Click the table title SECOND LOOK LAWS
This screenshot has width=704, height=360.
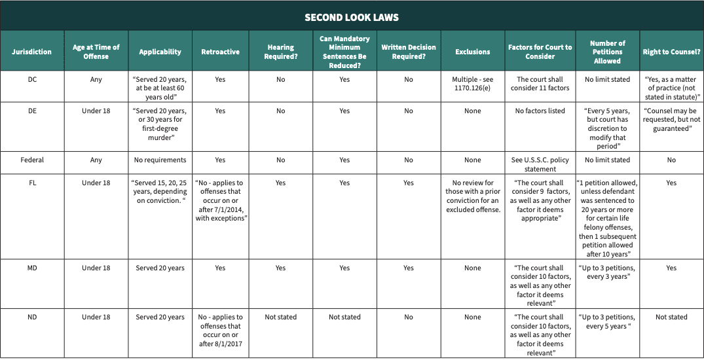pos(352,17)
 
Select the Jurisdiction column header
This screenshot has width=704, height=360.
pos(32,52)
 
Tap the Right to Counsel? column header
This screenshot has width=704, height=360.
pos(671,52)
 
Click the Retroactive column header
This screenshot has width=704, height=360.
pos(221,52)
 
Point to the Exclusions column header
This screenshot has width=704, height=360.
pos(473,52)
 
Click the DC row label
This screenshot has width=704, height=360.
pos(32,80)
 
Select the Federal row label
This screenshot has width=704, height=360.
pos(32,160)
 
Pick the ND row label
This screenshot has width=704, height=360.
pos(32,317)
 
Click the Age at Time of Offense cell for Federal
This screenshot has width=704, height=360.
pos(96,160)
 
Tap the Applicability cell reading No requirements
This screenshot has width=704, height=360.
pos(160,160)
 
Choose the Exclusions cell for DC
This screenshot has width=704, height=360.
pos(473,84)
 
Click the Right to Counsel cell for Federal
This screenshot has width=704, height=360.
pos(671,160)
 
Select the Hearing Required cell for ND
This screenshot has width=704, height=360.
pos(280,317)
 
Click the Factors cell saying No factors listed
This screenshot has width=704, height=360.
pos(540,111)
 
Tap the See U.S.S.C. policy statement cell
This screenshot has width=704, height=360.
pos(540,164)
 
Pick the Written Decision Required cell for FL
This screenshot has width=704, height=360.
pos(409,183)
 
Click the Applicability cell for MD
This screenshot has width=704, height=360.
pos(160,268)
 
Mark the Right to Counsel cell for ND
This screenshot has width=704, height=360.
pos(671,317)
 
